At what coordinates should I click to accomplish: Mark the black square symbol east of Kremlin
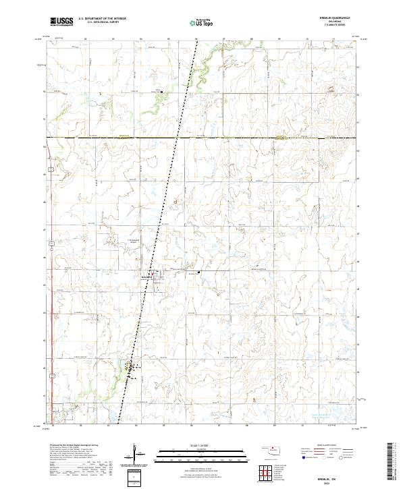(199, 272)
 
